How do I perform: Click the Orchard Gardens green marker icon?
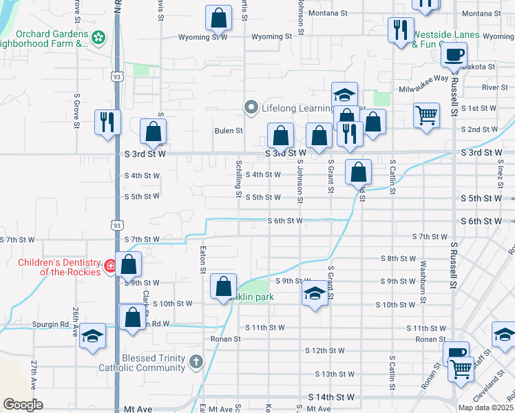pos(98,36)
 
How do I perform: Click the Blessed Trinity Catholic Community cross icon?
pos(196,361)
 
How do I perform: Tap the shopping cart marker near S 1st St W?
pos(426,114)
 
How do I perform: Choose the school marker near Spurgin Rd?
pos(92,336)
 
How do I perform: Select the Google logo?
pos(23,404)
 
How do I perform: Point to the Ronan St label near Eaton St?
pos(226,339)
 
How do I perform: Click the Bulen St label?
pos(229,130)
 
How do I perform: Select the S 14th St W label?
pos(331,398)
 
